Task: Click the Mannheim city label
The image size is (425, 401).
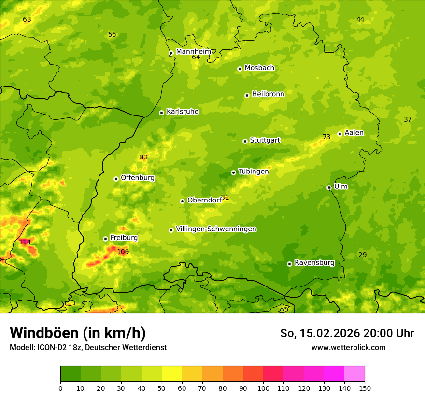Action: point(193,51)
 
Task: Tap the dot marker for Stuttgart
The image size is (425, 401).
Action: point(245,141)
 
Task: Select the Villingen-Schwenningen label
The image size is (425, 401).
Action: point(216,229)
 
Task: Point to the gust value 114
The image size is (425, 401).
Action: point(25,242)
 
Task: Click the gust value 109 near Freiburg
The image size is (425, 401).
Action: point(123,252)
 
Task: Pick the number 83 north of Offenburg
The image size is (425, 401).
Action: point(143,157)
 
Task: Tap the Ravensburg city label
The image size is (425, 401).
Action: point(314,263)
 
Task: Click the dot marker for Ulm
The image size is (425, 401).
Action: point(329,187)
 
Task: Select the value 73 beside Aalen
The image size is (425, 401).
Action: point(326,137)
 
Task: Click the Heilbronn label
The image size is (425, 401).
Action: point(268,94)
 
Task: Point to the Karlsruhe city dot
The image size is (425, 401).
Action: point(161,113)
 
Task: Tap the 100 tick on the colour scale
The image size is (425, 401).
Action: point(263,387)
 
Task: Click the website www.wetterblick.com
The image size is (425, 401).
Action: point(348,347)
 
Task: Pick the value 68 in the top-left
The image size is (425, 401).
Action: point(27,19)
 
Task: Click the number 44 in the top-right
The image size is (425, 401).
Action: point(360,19)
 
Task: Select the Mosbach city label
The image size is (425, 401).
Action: point(259,68)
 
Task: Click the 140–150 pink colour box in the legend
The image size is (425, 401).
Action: point(354,374)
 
